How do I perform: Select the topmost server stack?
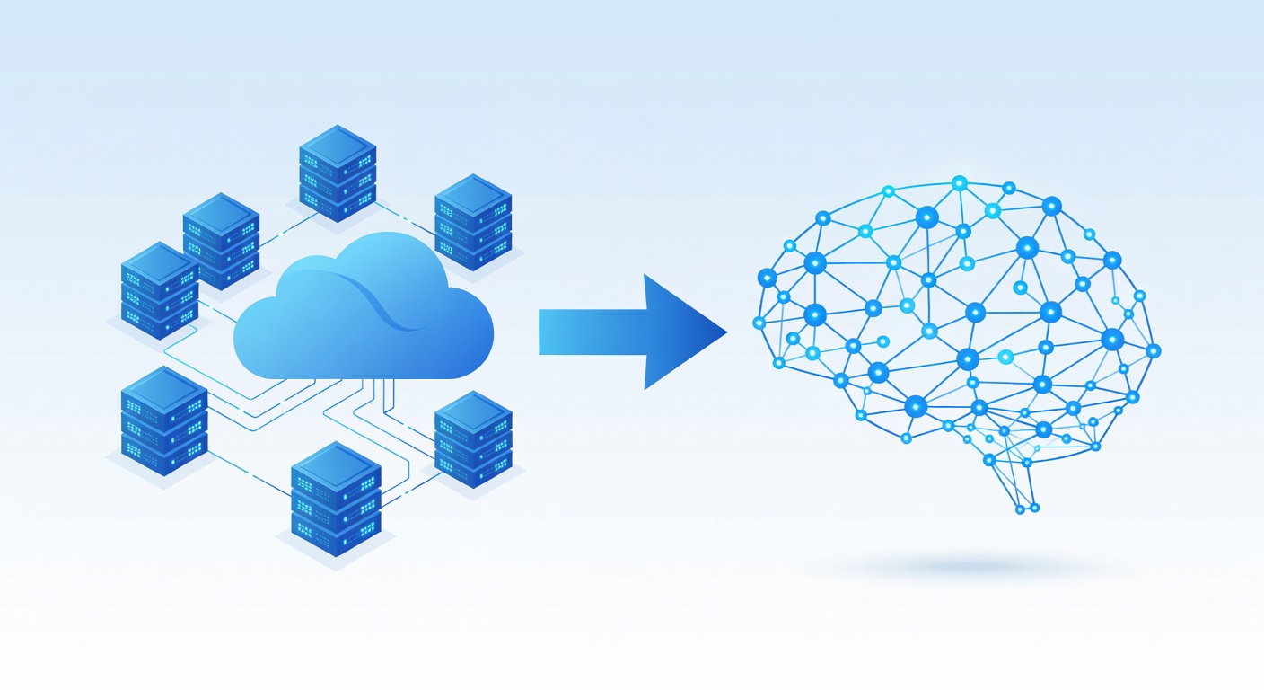click(x=337, y=172)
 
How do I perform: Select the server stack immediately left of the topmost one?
click(x=221, y=240)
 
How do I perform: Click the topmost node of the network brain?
click(x=959, y=183)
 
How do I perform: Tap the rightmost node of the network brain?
click(x=1154, y=350)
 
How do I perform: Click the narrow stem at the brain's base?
click(x=1023, y=490)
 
